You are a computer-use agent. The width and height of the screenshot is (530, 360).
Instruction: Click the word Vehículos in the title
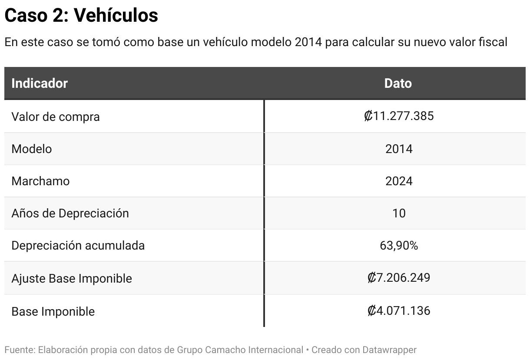(116, 16)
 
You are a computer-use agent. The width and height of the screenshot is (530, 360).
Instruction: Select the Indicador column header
(40, 83)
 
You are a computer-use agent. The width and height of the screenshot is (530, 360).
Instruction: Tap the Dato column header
(398, 83)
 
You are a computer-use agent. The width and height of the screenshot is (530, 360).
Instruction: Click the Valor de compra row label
(56, 117)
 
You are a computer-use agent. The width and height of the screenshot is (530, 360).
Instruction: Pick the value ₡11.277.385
(398, 116)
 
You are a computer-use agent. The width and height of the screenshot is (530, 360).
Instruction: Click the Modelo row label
(32, 149)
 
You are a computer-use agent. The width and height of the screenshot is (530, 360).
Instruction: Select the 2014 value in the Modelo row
(399, 149)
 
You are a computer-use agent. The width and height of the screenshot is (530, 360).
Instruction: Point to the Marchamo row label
(40, 181)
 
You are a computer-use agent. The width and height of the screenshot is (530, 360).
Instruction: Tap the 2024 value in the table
(399, 181)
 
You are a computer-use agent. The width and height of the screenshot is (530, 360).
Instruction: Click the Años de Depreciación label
(70, 213)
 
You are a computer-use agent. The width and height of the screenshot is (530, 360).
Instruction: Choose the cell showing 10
(399, 213)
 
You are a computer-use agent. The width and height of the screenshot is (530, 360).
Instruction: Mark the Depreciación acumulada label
(78, 245)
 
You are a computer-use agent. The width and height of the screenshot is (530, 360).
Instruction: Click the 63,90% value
(399, 246)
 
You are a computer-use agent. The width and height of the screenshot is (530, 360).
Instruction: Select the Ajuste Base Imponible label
(72, 278)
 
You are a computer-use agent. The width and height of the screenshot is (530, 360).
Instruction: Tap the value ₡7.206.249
(398, 277)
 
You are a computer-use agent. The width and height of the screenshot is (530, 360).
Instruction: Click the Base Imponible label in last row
(53, 311)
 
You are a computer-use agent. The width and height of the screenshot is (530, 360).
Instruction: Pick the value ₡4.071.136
(398, 310)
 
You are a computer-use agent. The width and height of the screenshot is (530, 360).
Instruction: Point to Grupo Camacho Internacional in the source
(240, 350)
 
